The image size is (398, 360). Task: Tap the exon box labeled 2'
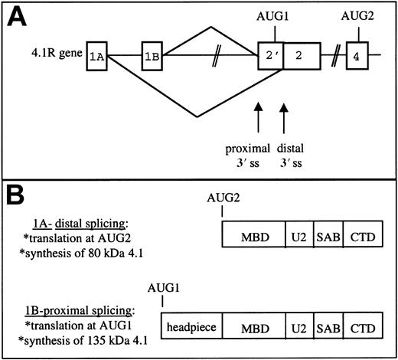pyautogui.click(x=271, y=56)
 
